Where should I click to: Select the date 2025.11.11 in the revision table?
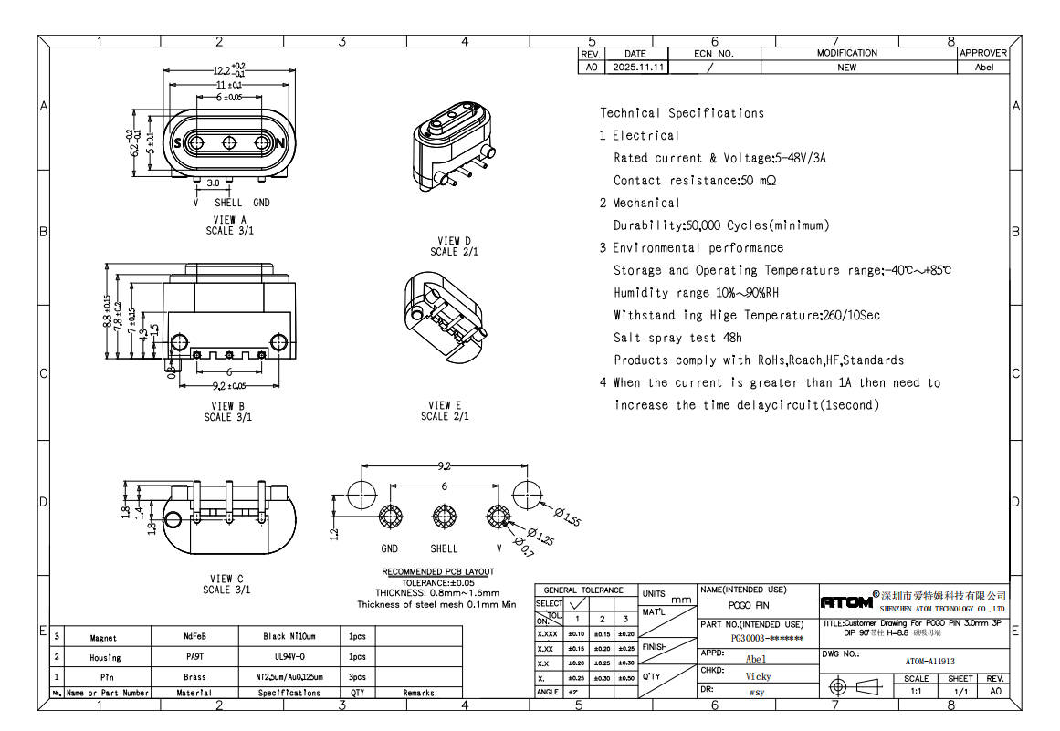tap(639, 68)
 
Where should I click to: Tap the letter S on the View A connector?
tap(177, 143)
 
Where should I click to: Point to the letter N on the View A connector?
tap(281, 143)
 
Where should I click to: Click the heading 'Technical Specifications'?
tap(681, 113)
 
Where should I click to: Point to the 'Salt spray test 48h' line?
tap(677, 338)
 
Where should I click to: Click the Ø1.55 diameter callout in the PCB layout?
tap(568, 519)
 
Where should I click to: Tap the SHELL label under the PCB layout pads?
tap(444, 548)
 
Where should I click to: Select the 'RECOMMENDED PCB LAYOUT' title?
tap(437, 572)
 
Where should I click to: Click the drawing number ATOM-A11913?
tap(929, 661)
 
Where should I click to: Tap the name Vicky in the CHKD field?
tap(757, 676)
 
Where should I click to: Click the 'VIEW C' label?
tap(226, 579)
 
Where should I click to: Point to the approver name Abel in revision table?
tap(983, 68)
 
